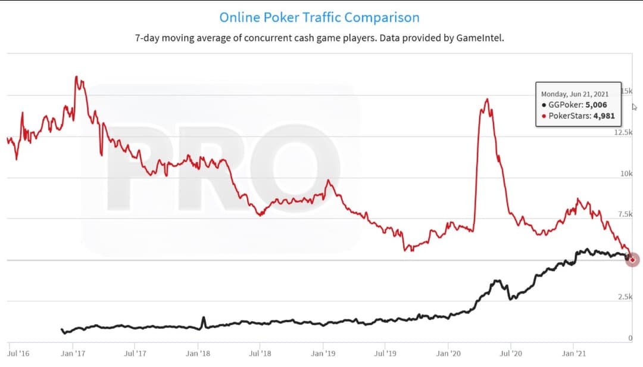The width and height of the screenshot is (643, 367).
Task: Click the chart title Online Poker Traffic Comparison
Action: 319,17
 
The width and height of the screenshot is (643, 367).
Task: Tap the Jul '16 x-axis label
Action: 18,353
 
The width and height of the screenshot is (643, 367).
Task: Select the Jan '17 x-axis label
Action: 73,353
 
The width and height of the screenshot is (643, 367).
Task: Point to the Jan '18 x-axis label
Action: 198,353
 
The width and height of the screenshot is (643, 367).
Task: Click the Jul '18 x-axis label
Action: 260,353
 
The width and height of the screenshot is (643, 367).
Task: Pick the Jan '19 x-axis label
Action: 323,353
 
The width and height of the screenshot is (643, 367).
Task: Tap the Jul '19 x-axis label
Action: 385,353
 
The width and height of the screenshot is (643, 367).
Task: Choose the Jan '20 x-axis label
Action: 448,353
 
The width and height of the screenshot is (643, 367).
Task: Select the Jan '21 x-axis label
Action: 573,353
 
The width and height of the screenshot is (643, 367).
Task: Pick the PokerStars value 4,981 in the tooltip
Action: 603,116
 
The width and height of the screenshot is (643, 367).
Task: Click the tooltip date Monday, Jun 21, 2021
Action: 575,94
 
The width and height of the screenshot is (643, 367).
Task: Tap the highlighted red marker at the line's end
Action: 632,260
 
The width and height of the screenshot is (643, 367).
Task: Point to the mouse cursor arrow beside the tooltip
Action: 635,107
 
